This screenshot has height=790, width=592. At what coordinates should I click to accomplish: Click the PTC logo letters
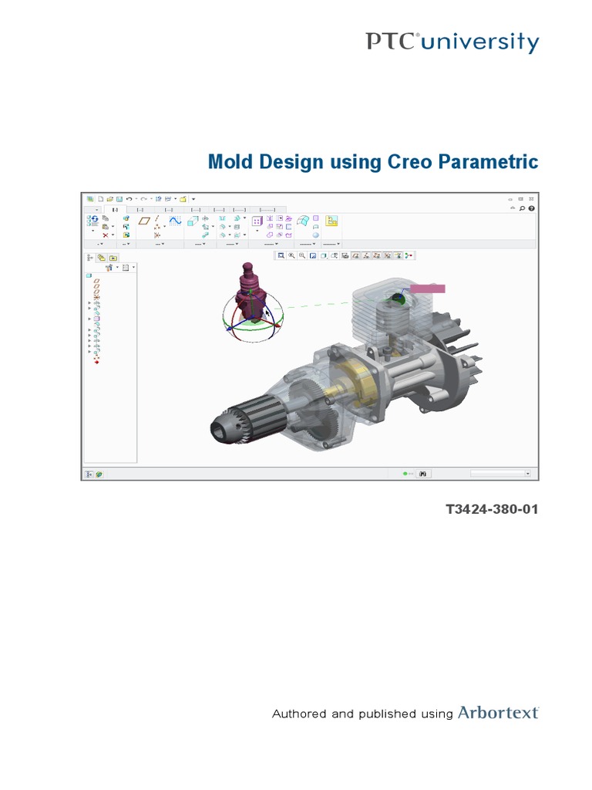point(391,42)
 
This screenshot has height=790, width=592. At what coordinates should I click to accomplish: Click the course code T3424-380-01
point(492,510)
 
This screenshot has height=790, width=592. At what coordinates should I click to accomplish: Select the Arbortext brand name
point(499,713)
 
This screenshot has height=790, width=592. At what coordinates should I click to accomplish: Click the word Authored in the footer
point(300,714)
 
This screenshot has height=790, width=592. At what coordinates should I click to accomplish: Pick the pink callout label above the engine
point(428,288)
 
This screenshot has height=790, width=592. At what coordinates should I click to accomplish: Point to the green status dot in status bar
point(404,474)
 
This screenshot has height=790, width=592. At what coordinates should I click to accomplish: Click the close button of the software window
point(533,198)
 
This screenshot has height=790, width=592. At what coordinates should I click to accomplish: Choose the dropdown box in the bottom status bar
point(501,474)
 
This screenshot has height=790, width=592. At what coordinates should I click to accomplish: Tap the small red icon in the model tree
point(96,362)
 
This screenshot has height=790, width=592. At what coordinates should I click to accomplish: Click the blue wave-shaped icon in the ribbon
point(175,221)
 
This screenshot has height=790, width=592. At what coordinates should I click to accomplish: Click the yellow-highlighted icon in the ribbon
point(332,221)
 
